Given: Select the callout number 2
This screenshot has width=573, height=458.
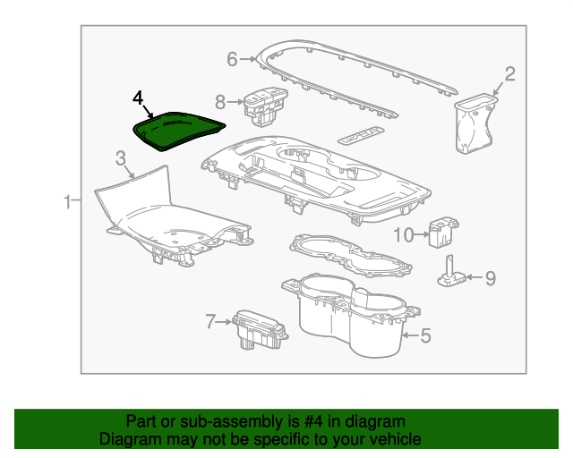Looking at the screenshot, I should coord(509,74).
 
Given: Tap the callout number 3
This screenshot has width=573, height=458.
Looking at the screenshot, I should coord(120,158).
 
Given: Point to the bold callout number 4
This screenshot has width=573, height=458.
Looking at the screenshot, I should coord(138,97).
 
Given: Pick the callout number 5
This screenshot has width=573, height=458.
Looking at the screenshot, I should coord(425,335).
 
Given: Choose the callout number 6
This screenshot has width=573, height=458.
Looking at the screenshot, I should coord(232,60).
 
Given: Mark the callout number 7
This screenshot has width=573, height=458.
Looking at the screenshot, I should coord(211,320).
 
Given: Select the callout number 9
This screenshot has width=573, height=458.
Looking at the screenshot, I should coord(489,277).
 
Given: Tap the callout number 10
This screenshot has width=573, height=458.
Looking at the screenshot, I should coord(403,234).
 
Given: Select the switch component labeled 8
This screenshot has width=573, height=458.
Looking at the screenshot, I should coord(263,104).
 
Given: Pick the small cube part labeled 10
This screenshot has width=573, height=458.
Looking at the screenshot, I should coord(440,232).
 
